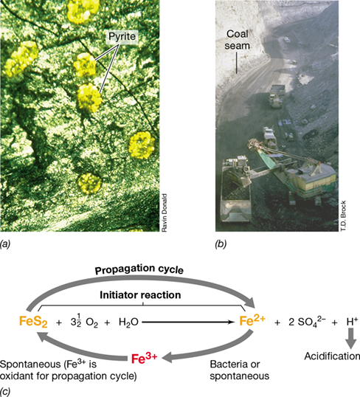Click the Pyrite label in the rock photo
point(122,36)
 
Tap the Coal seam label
point(238,40)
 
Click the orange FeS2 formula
point(33,322)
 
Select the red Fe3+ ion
point(145,358)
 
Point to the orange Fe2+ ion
point(252,320)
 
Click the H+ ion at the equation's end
point(352,322)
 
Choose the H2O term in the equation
point(128,322)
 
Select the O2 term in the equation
point(91,322)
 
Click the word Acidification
point(332,356)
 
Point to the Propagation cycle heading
point(139,269)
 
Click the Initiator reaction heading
point(140,295)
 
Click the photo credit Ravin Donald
point(165,213)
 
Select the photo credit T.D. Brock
point(343,215)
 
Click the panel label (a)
point(5,244)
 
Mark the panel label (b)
point(221,244)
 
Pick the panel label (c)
point(5,391)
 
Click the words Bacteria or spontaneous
point(240,370)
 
